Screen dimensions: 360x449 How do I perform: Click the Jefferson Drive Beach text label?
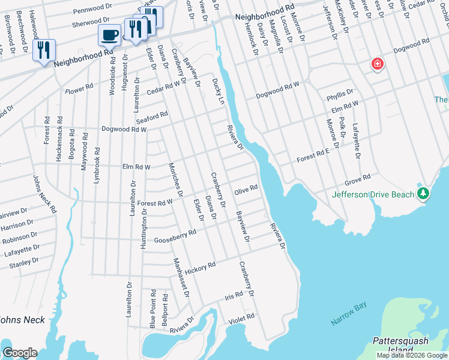tap(373, 194)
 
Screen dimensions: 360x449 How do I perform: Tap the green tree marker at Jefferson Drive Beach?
tap(424, 193)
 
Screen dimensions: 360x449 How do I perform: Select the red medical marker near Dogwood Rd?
tap(378, 64)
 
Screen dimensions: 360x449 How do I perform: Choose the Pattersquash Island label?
tap(401, 345)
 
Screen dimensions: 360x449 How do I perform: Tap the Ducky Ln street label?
tap(219, 92)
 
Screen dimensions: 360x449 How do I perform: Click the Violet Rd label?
tap(242, 319)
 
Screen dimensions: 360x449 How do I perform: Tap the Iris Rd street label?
tap(234, 296)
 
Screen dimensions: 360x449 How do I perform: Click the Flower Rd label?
tap(80, 89)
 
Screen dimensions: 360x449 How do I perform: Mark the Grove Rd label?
tap(358, 180)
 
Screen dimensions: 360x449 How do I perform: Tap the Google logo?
tap(19, 353)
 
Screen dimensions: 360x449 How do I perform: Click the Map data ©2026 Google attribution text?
tap(412, 355)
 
